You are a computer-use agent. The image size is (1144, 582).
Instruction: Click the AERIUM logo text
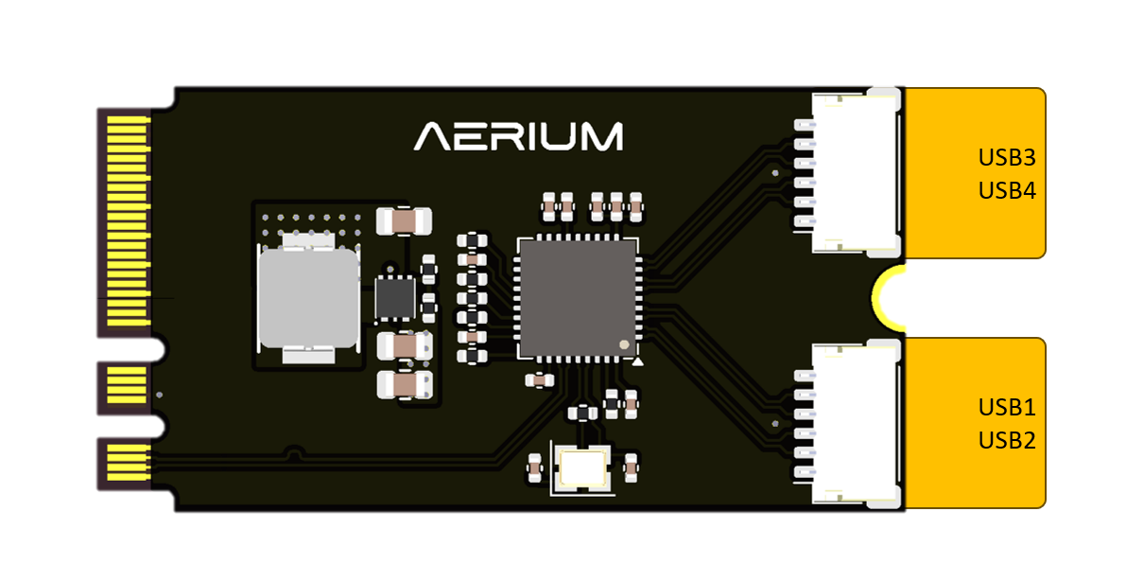pos(518,135)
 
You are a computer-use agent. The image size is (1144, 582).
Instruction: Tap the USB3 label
pos(1007,157)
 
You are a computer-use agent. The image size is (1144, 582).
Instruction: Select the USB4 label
pos(1007,190)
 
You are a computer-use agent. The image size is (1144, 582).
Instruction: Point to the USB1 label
pos(1007,408)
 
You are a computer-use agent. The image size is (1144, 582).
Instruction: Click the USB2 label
pos(1007,440)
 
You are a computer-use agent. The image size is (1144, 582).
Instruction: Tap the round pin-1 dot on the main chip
pos(623,344)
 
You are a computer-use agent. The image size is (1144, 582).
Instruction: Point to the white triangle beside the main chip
pos(639,362)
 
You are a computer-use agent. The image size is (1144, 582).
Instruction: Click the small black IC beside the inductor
pos(395,297)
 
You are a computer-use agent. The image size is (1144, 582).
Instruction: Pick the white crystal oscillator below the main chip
pos(582,467)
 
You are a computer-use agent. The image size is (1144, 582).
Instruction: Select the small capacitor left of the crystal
pos(535,466)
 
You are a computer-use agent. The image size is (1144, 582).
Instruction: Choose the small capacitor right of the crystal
pos(631,465)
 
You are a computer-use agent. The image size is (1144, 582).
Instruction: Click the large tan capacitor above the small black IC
pos(404,221)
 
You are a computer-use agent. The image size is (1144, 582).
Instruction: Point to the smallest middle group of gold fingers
pos(126,386)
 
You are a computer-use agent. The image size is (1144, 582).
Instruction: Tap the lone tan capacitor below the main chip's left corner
pos(539,380)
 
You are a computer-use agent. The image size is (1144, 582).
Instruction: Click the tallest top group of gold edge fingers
pos(125,218)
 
